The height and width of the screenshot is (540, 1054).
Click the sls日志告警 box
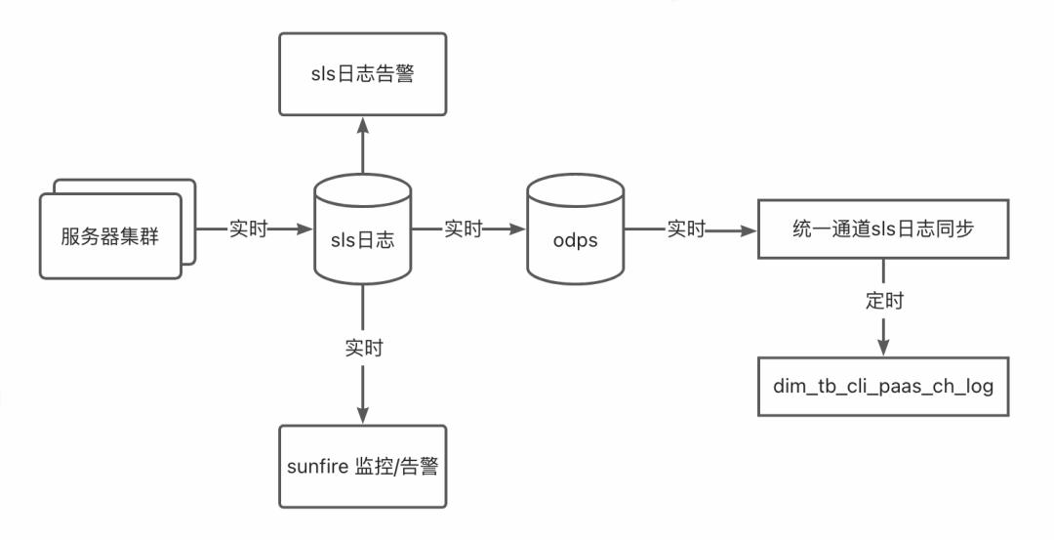point(363,72)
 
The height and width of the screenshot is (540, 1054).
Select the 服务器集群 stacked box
point(111,235)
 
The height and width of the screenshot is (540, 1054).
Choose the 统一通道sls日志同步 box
point(883,230)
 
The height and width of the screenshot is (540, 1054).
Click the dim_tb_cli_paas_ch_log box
point(883,387)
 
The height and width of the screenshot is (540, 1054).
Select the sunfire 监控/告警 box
point(363,466)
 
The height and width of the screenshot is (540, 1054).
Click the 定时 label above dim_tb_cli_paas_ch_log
point(883,301)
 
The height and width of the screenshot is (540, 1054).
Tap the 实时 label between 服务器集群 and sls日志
point(248,229)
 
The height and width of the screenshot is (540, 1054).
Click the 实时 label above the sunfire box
point(363,349)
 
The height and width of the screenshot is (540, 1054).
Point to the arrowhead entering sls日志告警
point(363,124)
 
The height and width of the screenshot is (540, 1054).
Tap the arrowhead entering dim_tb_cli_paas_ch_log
point(883,350)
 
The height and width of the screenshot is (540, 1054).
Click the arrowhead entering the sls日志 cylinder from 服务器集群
point(305,230)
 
